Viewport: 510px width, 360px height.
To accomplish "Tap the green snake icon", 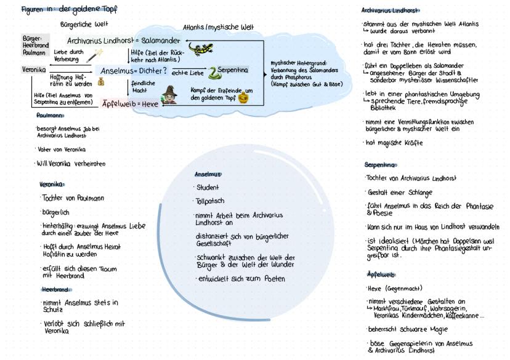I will [214, 73].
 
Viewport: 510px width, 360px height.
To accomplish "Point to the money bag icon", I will [100, 82].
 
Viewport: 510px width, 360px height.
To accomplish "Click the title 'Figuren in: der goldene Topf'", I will [69, 9].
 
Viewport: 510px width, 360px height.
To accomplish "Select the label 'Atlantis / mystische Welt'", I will [218, 28].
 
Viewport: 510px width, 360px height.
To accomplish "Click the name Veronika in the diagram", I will [34, 70].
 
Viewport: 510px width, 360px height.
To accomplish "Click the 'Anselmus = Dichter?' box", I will [133, 70].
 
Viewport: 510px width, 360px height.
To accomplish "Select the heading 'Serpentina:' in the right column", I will [381, 164].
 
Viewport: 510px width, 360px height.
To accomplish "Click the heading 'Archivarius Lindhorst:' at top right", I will [391, 10].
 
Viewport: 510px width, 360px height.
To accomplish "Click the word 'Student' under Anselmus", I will [208, 187].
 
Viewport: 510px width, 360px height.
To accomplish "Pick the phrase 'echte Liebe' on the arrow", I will [187, 73].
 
